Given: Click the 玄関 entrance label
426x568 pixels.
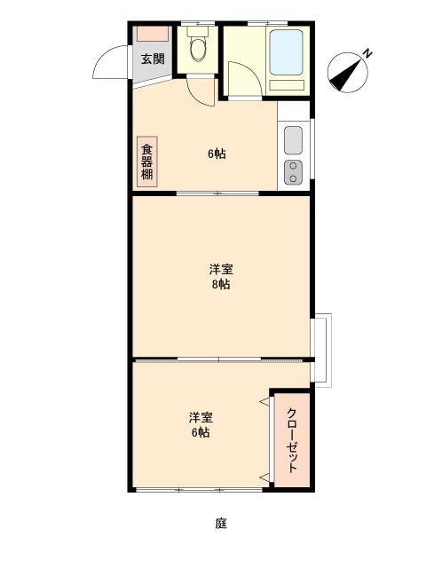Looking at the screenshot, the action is point(153,59).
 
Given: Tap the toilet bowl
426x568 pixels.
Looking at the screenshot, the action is point(198,50).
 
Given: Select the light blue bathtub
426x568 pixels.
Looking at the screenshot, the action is point(286,52).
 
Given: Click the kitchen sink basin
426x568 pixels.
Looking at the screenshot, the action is point(293,140).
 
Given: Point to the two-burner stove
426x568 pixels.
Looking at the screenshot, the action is point(293,172).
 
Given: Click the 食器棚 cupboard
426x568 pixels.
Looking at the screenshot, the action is point(147,162).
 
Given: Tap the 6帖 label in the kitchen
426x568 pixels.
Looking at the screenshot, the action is point(217,154).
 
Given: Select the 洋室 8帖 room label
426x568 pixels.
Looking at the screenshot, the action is point(221,277).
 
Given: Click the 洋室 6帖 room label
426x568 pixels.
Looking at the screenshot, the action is point(201,424).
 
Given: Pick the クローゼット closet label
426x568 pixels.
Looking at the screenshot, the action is point(292,440).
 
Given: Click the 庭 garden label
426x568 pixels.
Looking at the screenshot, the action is point(221,523).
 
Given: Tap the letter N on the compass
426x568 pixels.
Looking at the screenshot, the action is point(367,54).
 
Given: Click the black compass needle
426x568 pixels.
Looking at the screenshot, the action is point(346,74).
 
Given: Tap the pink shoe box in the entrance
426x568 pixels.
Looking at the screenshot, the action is point(153,34).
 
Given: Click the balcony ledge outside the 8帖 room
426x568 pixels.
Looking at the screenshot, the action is point(321,350).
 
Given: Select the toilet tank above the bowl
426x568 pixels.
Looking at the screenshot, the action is point(198,31).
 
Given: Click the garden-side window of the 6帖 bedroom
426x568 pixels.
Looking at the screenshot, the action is point(199,490).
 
